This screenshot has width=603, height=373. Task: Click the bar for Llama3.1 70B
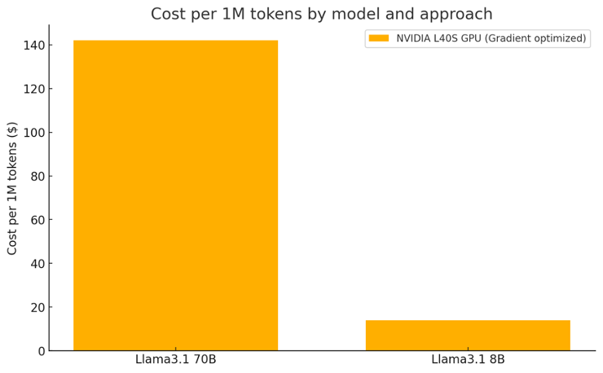175,195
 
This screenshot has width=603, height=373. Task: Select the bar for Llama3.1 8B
468,335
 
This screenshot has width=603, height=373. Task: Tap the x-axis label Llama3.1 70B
175,359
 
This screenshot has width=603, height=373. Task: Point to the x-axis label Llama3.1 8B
468,359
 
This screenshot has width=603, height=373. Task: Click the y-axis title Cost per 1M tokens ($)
12,188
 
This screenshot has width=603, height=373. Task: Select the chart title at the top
321,14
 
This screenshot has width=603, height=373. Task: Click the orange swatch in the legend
379,38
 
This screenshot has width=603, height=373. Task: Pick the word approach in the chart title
461,14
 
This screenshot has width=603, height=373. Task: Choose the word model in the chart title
368,14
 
